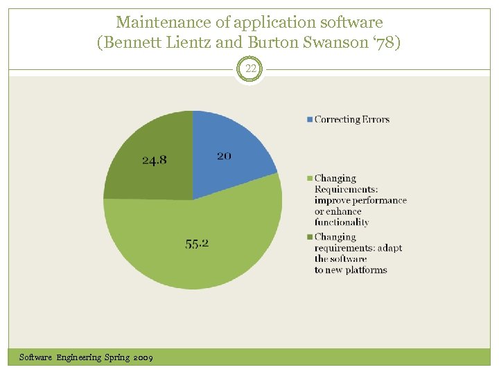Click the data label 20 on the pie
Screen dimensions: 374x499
[224, 156]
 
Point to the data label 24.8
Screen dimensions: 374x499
[154, 160]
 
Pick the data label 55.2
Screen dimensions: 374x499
[198, 244]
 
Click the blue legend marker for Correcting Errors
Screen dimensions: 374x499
[310, 119]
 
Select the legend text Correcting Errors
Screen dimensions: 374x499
[352, 119]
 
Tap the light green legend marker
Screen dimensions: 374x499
[310, 179]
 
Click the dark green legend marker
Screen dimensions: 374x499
[310, 237]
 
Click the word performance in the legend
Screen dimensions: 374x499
[380, 200]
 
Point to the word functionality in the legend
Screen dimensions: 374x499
[342, 222]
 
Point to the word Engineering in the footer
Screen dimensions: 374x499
[79, 357]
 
